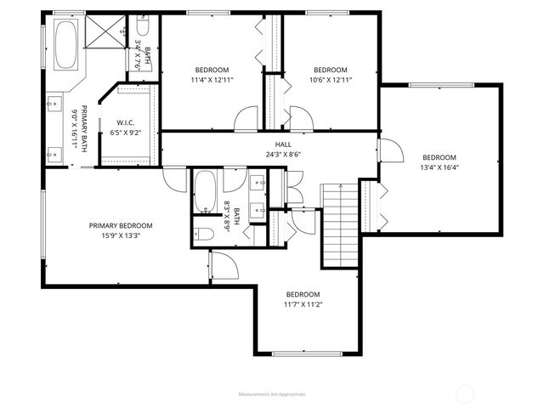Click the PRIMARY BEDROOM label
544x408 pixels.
[121, 225]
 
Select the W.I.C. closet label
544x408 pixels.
[127, 122]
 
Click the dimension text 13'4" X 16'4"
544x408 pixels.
[439, 167]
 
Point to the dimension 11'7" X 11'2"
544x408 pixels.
[302, 303]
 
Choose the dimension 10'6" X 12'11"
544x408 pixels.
[330, 80]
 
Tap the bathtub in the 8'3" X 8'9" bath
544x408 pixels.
[205, 194]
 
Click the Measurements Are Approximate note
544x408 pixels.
[272, 394]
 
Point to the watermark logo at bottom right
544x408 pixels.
[465, 394]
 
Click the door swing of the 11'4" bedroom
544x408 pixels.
[246, 118]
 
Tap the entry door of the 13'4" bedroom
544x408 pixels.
[389, 153]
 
